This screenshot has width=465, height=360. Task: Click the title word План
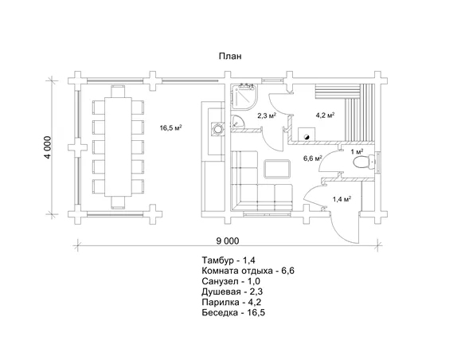point(230,56)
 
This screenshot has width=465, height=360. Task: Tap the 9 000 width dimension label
point(228,241)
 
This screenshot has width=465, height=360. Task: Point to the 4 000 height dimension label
point(48,147)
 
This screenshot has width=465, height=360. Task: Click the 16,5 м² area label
point(170,127)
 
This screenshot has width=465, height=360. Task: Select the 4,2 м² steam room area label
point(325,115)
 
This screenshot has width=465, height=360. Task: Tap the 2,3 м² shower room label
point(267,115)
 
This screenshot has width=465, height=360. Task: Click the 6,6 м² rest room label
point(312,158)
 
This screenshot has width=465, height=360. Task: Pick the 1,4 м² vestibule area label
point(342,199)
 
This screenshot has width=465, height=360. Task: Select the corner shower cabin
point(244,96)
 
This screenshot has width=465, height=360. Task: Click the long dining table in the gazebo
point(118,147)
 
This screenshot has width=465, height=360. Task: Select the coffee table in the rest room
point(277,169)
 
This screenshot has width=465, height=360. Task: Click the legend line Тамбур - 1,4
point(229,260)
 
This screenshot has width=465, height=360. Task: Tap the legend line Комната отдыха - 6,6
point(248,271)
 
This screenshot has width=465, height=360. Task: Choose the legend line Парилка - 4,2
point(232,302)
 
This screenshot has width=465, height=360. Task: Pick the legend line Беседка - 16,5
point(233,312)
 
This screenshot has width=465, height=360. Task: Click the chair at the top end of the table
point(118,92)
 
